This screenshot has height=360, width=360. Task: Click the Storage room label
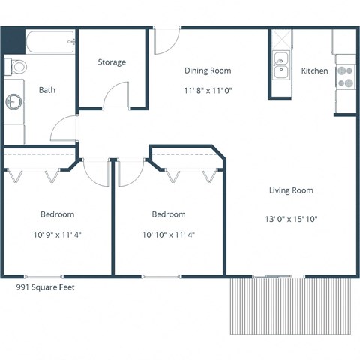112,62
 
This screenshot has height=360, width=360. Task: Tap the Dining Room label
208,70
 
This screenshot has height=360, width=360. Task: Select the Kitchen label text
314,70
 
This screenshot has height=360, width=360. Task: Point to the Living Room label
291,190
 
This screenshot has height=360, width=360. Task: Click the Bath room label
47,90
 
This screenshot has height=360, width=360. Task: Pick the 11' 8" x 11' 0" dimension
208,91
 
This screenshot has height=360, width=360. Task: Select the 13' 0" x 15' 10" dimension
291,220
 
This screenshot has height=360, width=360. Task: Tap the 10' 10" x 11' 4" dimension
169,234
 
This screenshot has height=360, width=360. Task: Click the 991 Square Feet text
46,286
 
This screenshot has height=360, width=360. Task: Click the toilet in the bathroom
16,67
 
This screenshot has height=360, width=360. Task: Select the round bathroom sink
14,101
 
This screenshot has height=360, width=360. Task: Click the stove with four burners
345,75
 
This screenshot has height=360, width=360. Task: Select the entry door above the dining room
166,42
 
